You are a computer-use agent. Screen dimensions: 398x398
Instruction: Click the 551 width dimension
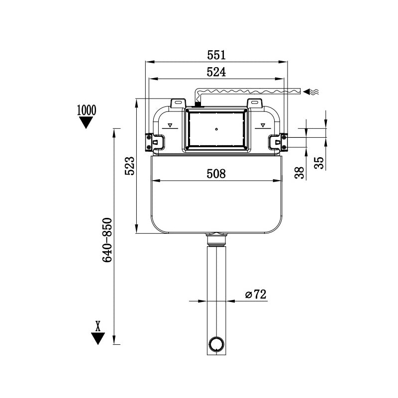coord(216,54)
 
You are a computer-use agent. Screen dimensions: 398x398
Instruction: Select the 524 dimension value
coord(216,72)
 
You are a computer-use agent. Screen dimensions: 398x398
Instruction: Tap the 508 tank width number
coord(216,174)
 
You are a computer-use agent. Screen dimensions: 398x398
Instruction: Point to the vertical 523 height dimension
coord(129,166)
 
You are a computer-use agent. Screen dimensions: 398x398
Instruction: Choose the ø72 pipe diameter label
coord(256,295)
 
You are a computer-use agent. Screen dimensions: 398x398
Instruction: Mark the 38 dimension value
coord(299,173)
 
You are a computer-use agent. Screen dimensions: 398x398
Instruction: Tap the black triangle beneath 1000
coord(87,122)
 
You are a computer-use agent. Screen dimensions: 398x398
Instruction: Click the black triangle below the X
coord(98,338)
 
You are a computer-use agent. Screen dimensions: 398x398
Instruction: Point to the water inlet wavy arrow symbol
coord(312,92)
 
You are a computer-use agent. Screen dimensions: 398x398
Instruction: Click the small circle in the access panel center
coord(216,129)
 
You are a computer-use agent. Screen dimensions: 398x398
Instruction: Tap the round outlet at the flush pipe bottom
coord(216,344)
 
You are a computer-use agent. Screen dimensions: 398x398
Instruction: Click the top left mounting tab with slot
coord(177,102)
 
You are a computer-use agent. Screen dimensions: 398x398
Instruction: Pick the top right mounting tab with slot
coord(255,102)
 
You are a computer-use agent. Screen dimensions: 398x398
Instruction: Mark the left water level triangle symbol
coord(170,125)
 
